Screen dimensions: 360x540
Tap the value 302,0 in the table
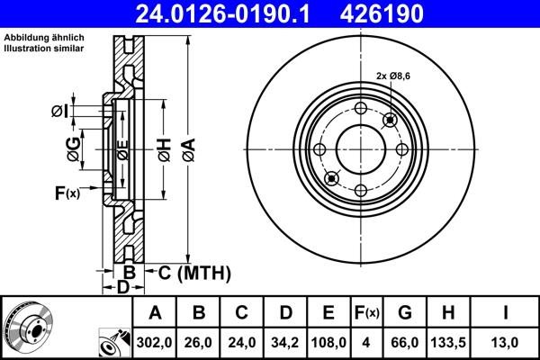[155, 342]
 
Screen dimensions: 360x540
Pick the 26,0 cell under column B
[199, 342]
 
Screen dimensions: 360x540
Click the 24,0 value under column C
[242, 342]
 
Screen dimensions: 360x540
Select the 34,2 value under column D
[285, 342]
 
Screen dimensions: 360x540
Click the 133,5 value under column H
[449, 342]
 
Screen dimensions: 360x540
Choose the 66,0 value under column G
[405, 342]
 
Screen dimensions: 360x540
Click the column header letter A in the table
[155, 313]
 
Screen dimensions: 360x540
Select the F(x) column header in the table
[366, 313]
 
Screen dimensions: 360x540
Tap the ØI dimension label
[58, 111]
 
